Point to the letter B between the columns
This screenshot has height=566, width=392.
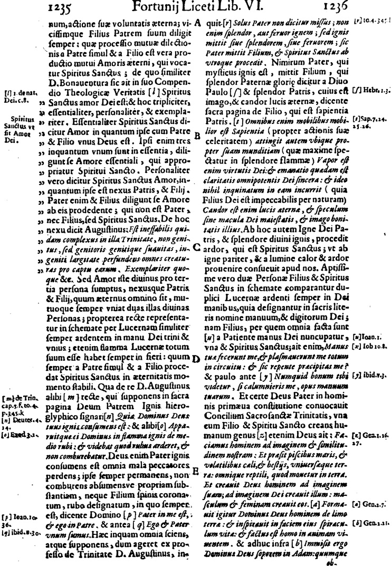pos(197,136)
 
